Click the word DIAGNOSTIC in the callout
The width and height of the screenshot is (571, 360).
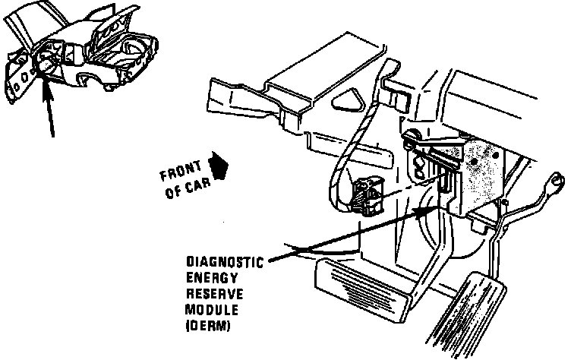tap(224, 264)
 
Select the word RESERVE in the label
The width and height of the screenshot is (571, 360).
tap(209, 294)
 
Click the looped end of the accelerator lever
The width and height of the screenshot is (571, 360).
tap(556, 182)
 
